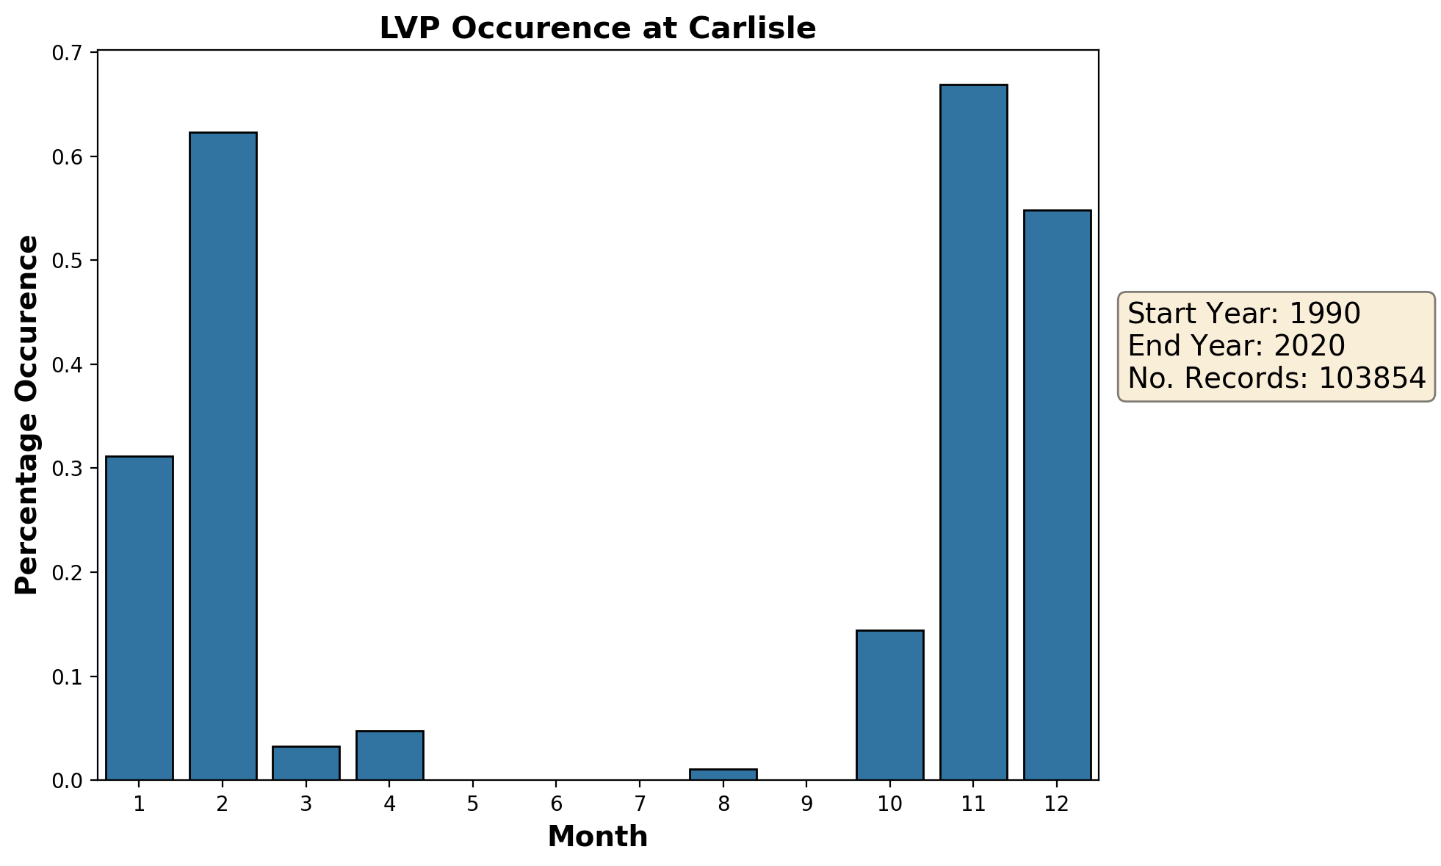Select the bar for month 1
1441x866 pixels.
(x=140, y=618)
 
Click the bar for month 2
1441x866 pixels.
(x=223, y=455)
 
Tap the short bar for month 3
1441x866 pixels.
(x=306, y=763)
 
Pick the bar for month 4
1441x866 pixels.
(x=389, y=755)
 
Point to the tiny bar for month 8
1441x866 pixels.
(x=723, y=775)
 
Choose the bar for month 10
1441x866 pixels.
(x=890, y=705)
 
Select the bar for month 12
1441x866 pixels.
(x=1057, y=494)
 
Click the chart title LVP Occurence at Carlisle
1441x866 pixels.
(x=597, y=29)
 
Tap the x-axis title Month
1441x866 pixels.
(x=597, y=837)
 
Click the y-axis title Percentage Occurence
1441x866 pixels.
(x=27, y=415)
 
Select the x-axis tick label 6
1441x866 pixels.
(x=557, y=804)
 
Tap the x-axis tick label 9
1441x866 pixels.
(x=807, y=804)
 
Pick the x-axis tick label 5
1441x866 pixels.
(x=473, y=804)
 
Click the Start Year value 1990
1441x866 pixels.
(x=1325, y=314)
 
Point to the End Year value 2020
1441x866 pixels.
(x=1310, y=345)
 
